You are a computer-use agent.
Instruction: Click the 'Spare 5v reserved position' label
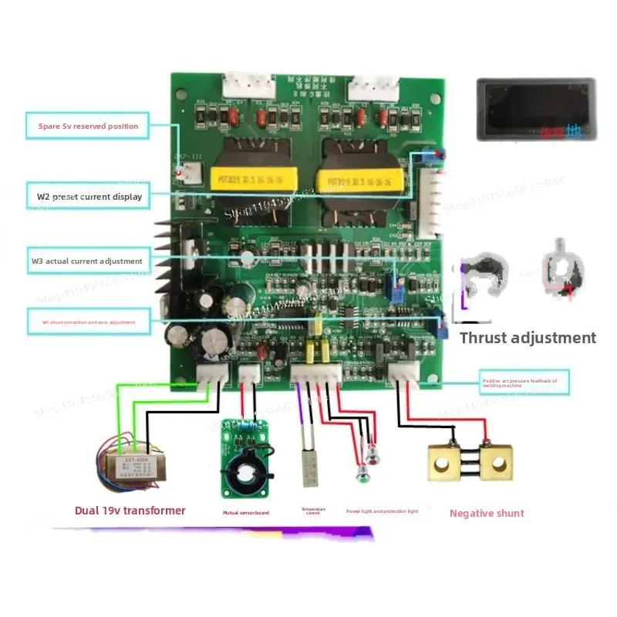coord(89,126)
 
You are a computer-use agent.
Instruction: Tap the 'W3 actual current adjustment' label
coord(87,261)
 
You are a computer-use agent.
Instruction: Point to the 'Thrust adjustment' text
coord(528,338)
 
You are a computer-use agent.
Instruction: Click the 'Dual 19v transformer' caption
coord(130,510)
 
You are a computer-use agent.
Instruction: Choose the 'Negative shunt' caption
coord(487,513)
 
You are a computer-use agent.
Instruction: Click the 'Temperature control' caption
coord(313,511)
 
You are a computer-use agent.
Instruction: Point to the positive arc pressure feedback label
coord(524,379)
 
